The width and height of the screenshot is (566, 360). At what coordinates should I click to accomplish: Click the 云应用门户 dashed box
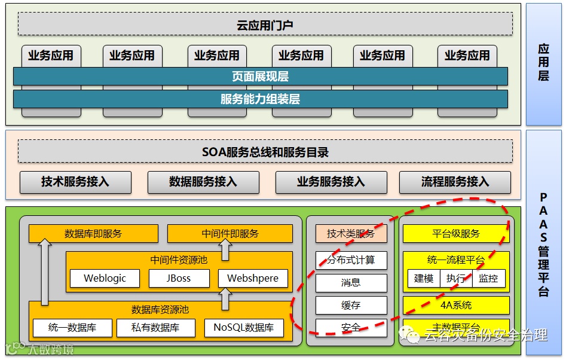click(x=265, y=25)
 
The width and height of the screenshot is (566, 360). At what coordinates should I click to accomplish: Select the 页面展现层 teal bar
click(x=260, y=77)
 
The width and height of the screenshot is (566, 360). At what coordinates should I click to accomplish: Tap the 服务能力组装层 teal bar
click(x=260, y=99)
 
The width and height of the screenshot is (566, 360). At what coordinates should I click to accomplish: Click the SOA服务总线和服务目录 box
click(x=265, y=152)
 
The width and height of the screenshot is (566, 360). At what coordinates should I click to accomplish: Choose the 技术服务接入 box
click(x=75, y=182)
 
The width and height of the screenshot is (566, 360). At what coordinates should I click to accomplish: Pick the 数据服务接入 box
click(x=203, y=182)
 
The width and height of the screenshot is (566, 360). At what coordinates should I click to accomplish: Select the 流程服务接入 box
click(x=455, y=182)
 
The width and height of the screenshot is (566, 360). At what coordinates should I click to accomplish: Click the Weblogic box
click(x=105, y=279)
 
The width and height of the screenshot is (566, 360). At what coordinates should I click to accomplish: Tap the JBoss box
click(x=179, y=279)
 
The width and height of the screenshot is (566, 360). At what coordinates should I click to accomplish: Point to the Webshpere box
click(x=253, y=279)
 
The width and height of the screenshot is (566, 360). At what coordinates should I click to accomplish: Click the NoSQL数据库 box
click(x=244, y=328)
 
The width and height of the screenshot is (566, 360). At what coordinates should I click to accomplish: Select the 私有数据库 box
click(x=155, y=328)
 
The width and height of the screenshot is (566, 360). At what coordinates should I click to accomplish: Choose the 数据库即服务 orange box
click(x=93, y=234)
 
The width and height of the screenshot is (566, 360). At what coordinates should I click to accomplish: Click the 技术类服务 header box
click(x=351, y=234)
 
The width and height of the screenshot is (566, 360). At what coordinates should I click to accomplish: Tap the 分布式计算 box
click(x=351, y=260)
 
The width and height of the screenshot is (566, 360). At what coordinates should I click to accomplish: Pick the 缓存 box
click(x=351, y=305)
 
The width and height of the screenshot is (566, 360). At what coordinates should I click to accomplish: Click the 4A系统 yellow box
click(x=456, y=305)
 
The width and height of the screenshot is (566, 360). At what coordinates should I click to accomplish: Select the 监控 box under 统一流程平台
click(x=488, y=279)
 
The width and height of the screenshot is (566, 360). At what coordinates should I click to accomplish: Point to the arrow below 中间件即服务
click(x=225, y=249)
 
